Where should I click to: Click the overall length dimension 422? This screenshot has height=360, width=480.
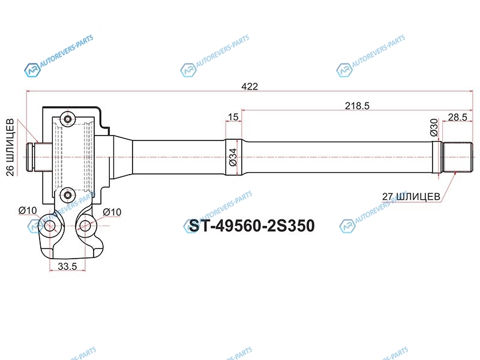pos(250,86)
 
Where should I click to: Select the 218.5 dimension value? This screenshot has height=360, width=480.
pos(357,106)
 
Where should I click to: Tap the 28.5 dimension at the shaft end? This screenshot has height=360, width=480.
pos(458,117)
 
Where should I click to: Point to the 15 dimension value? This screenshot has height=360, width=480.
pos(233,116)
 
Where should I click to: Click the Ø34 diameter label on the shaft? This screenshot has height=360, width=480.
pos(233,157)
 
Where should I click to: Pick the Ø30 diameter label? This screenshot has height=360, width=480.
pos(434,127)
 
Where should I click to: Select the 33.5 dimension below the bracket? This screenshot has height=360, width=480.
pos(67,266)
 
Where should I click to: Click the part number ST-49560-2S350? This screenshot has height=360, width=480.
pos(251,226)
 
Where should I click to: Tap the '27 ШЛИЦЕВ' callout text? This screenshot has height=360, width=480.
pos(411,196)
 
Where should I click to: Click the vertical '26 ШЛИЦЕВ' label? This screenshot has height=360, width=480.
pos(10,147)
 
